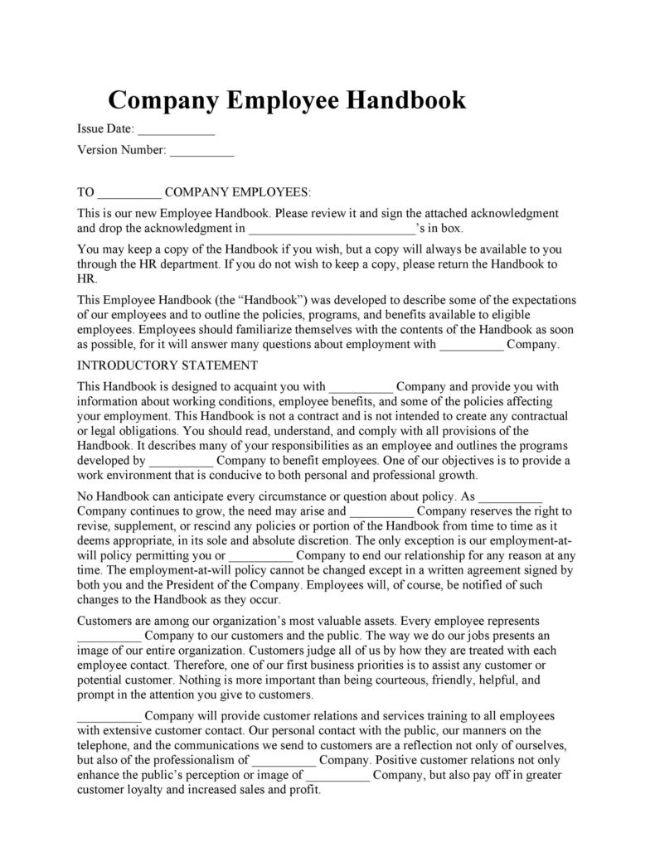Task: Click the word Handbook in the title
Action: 405,100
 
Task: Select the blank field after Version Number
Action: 202,151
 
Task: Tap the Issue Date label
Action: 104,129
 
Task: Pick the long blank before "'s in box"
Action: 332,228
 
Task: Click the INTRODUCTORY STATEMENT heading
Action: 167,365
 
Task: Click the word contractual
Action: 538,416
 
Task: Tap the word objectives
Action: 470,460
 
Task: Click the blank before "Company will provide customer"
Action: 109,715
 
